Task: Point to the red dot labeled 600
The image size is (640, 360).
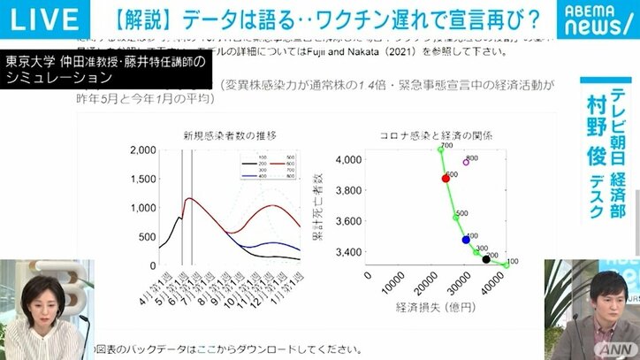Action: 446,178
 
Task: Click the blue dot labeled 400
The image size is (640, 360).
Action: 466,240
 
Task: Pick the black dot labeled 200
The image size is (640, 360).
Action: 486,259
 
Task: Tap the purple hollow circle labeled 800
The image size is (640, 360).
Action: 466,162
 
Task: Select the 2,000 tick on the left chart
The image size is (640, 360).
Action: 142,151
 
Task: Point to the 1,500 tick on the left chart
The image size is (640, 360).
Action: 142,180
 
